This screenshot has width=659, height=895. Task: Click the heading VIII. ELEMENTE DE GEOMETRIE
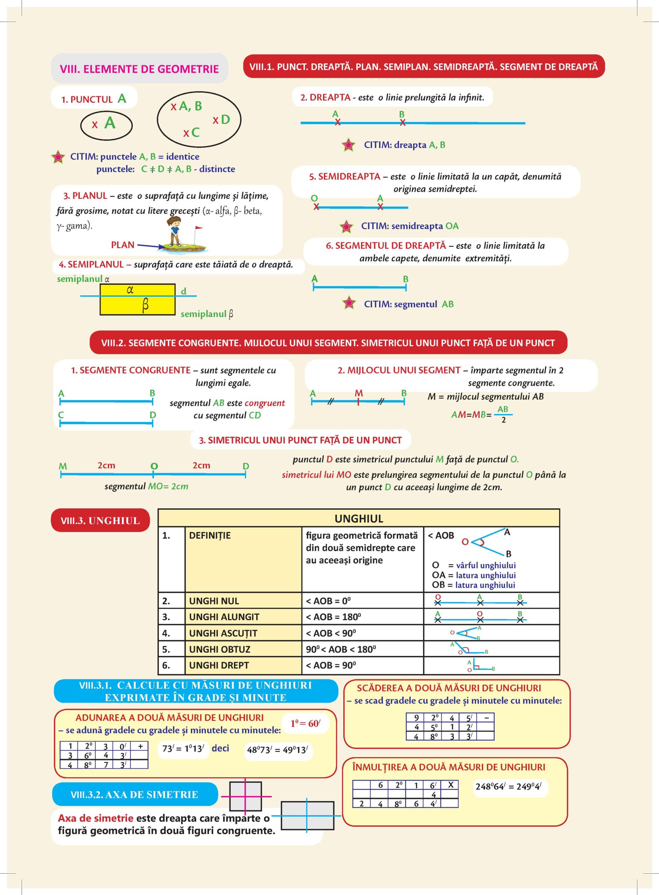click(139, 69)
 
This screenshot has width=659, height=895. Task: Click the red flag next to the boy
click(198, 229)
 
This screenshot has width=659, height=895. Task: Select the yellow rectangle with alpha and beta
click(137, 299)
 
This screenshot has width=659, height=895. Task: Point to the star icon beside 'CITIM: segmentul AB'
click(349, 303)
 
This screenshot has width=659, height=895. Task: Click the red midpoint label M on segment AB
click(359, 394)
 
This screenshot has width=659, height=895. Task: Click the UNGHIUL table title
click(359, 518)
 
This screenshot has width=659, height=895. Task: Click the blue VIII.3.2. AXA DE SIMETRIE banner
click(135, 795)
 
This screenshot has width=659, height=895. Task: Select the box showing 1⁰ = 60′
click(305, 723)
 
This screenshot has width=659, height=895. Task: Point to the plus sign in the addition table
click(140, 746)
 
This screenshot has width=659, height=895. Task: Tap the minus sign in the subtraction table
click(486, 717)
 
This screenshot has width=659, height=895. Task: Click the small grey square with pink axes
click(246, 796)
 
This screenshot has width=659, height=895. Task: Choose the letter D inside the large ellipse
click(225, 119)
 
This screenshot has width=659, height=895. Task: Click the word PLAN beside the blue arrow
click(123, 245)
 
